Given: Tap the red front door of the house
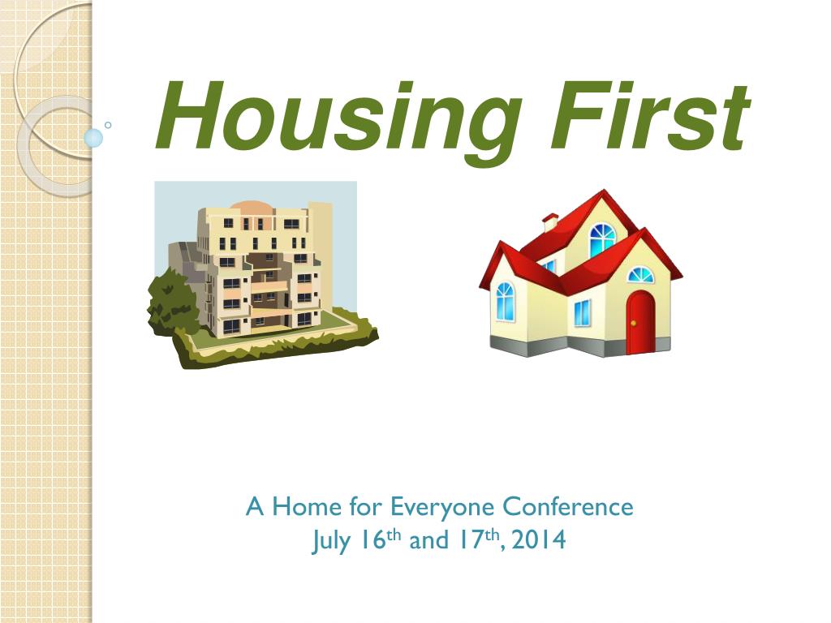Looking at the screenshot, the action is pyautogui.click(x=641, y=322).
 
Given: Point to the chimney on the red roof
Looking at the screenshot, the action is pyautogui.click(x=550, y=222).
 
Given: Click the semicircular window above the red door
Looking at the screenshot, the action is pyautogui.click(x=641, y=275).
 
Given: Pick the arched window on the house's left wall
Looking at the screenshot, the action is pyautogui.click(x=505, y=301).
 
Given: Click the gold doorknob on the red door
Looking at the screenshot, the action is pyautogui.click(x=633, y=323).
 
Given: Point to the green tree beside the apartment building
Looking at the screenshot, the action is pyautogui.click(x=170, y=300).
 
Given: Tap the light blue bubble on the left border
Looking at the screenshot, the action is pyautogui.click(x=93, y=138).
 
